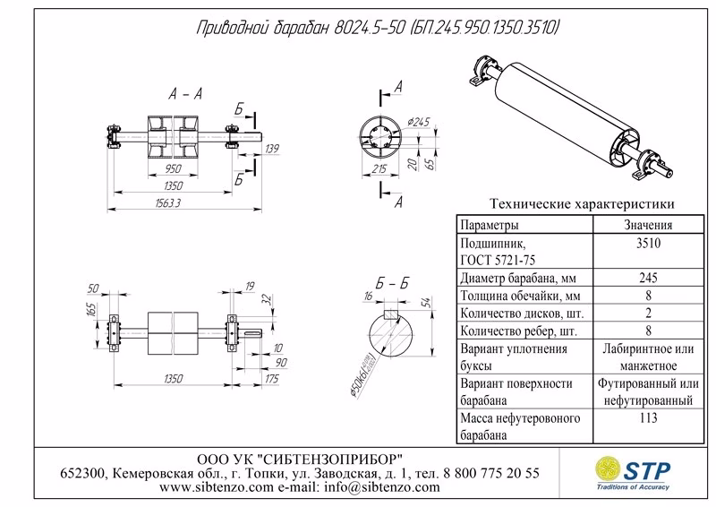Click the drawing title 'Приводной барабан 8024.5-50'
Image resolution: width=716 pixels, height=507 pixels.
coord(295,29)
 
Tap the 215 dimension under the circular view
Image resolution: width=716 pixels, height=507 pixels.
coord(378,168)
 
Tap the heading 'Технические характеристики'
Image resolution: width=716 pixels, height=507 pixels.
coord(577,204)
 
